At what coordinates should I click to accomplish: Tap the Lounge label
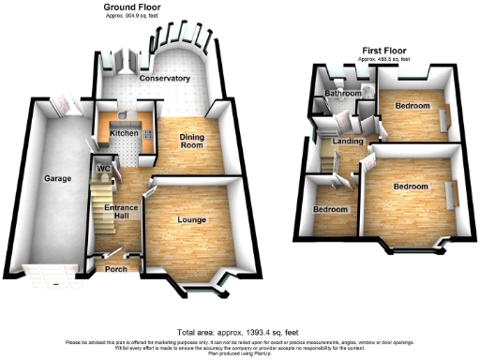191,220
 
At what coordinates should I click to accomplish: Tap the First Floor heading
384,51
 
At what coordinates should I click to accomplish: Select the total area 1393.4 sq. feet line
240,332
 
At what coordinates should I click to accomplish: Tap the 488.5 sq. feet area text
384,60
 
